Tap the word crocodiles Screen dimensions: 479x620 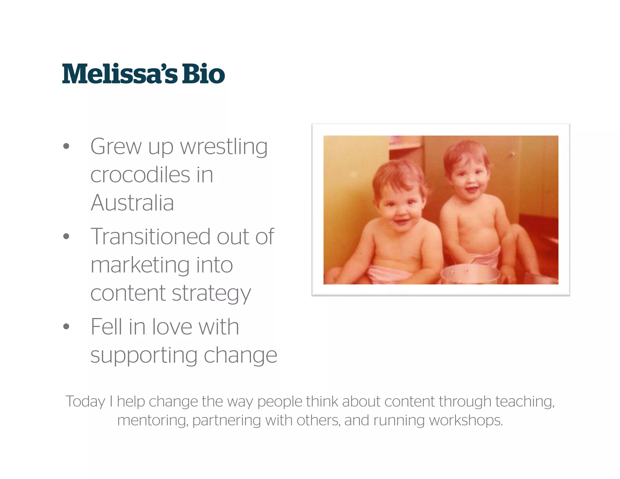[x=140, y=175]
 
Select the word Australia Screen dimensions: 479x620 [x=132, y=203]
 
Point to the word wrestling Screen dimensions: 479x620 [x=224, y=147]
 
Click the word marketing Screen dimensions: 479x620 [x=140, y=265]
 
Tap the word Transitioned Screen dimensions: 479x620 [x=150, y=237]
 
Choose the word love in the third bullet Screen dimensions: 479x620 [x=172, y=327]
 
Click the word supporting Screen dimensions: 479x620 [x=144, y=355]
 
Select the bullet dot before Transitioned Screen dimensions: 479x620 [x=66, y=236]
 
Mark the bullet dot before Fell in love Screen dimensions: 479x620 [x=66, y=327]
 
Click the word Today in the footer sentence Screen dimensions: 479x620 [x=85, y=402]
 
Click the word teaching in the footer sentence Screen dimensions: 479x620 [x=525, y=402]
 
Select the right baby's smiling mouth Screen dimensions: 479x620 [x=471, y=190]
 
